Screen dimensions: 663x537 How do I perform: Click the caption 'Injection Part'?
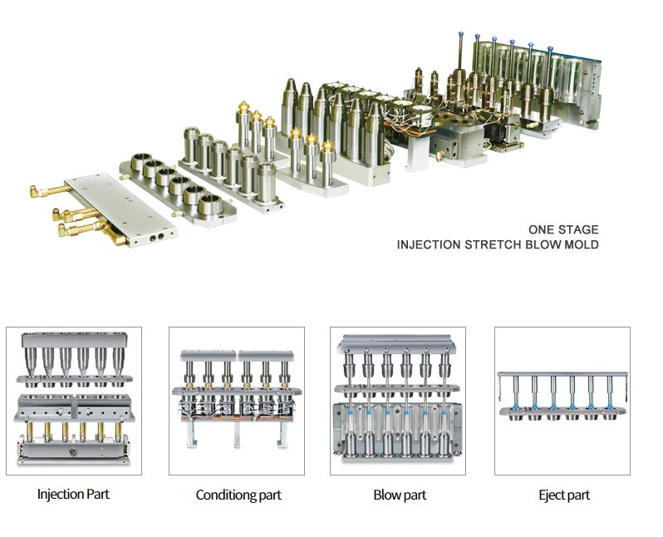pyautogui.click(x=73, y=495)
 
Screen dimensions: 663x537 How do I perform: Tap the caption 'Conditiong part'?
pyautogui.click(x=238, y=495)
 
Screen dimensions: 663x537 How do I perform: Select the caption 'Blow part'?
pyautogui.click(x=400, y=495)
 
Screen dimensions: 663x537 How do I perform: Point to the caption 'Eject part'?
pyautogui.click(x=564, y=495)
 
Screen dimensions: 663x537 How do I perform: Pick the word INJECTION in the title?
pyautogui.click(x=429, y=244)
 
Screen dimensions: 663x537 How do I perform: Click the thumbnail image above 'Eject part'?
pyautogui.click(x=562, y=401)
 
